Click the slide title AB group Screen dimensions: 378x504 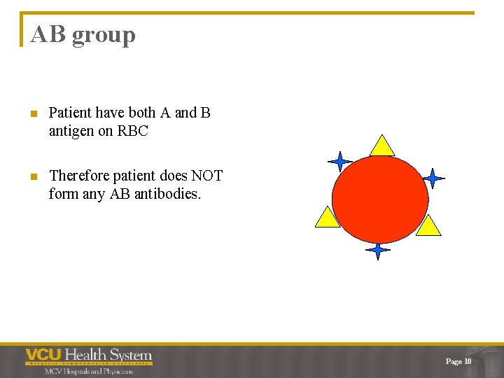pyautogui.click(x=83, y=34)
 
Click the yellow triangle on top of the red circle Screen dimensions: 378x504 pyautogui.click(x=382, y=146)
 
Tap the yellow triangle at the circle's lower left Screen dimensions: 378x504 pyautogui.click(x=327, y=218)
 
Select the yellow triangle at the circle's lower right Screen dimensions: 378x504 pyautogui.click(x=428, y=226)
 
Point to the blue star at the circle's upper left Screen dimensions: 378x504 pyautogui.click(x=340, y=162)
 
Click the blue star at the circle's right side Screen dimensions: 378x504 pyautogui.click(x=433, y=178)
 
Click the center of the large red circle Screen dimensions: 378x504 pyautogui.click(x=380, y=199)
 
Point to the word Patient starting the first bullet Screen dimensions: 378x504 pyautogui.click(x=71, y=113)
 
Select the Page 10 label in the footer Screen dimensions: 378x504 pyautogui.click(x=458, y=361)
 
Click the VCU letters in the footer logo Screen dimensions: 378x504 pyautogui.click(x=44, y=356)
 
